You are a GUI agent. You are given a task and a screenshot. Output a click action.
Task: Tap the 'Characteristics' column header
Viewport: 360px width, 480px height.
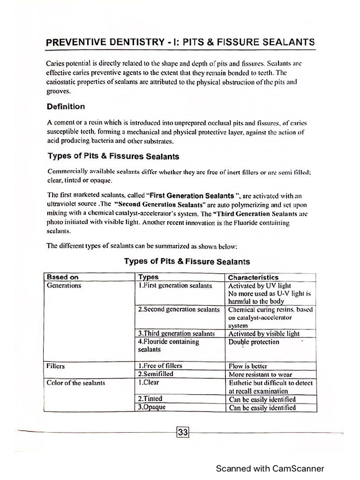(x=253, y=277)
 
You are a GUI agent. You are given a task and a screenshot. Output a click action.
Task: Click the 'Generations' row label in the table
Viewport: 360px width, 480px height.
(x=64, y=285)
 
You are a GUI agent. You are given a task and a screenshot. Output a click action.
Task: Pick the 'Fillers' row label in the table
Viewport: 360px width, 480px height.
(x=56, y=366)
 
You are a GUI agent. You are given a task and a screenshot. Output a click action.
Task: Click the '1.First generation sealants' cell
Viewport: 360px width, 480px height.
(x=175, y=285)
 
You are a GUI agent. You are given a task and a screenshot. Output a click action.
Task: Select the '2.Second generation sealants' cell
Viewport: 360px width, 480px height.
(x=179, y=310)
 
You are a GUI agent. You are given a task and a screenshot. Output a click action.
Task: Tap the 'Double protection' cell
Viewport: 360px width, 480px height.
(x=253, y=342)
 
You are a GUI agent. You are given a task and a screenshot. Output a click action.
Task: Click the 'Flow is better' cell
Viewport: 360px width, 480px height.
(x=248, y=366)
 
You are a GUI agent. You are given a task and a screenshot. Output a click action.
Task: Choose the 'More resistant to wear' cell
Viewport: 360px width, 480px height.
(x=260, y=375)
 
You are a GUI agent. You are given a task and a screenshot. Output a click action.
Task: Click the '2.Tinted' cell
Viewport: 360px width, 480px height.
(x=150, y=399)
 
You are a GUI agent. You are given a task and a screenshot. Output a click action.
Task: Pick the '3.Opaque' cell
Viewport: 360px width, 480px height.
(x=151, y=407)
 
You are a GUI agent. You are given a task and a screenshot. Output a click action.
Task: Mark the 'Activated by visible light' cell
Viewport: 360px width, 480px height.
(x=264, y=334)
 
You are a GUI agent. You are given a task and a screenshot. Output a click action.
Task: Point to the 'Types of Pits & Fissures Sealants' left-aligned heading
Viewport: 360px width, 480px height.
(x=113, y=156)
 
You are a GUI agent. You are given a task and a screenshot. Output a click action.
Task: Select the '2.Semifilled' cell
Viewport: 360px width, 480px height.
(x=156, y=374)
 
